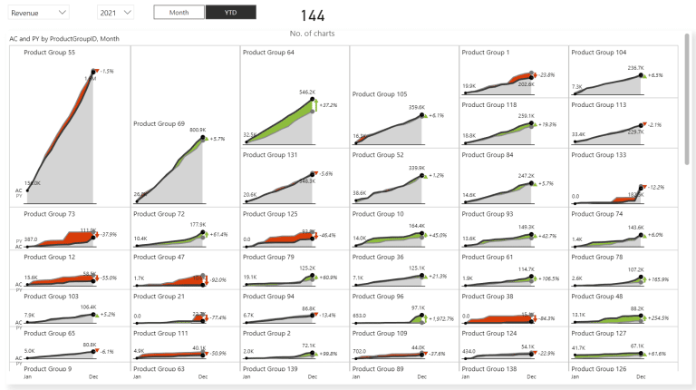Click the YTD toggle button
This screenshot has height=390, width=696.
230,13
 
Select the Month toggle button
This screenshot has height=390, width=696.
179,13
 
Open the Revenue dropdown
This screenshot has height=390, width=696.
38,13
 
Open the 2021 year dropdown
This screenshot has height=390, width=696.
114,13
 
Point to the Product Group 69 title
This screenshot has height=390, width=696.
159,123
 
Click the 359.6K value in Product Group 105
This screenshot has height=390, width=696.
416,107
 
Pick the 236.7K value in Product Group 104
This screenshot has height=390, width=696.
635,67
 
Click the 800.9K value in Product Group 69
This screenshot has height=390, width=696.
198,130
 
